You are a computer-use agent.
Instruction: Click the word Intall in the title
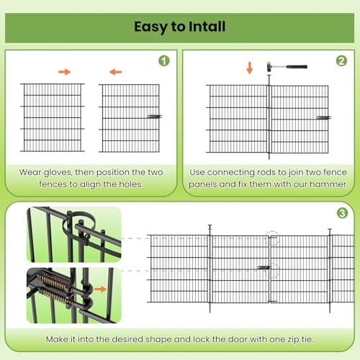pos(207,27)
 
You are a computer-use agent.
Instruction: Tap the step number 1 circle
pos(164,60)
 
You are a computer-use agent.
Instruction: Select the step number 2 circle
pos(341,60)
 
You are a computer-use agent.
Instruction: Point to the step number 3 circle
pos(342,213)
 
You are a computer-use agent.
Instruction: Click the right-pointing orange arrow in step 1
pos(64,72)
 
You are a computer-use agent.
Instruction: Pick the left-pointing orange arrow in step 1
pos(115,72)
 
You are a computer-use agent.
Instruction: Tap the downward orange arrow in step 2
pos(250,68)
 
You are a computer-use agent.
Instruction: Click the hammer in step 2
pos(287,66)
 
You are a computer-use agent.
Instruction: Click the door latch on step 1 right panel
pos(155,117)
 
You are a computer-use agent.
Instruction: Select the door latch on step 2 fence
pos(324,117)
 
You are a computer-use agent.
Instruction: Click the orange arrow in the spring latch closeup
pos(101,289)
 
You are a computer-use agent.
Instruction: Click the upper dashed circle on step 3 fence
pos(272,238)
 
